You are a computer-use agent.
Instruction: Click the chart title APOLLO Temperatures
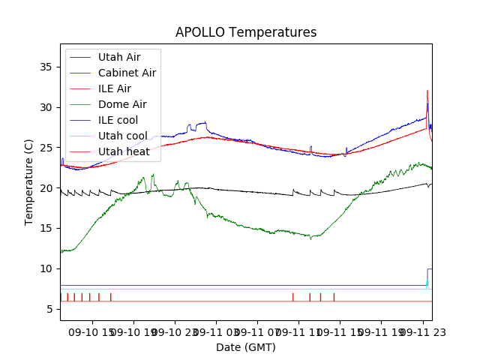(x=246, y=32)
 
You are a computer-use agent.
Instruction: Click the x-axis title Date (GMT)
(x=246, y=347)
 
